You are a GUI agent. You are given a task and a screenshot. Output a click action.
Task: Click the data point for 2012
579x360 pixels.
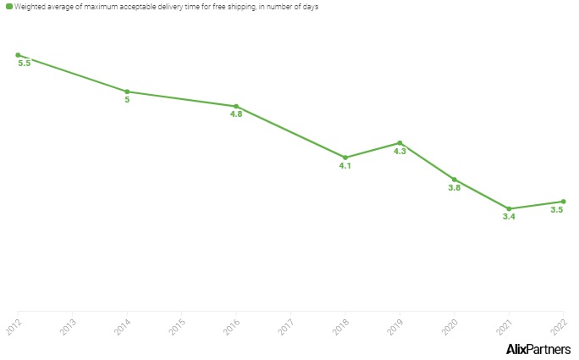pos(18,55)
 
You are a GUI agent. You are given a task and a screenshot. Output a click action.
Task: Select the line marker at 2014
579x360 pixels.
pos(127,91)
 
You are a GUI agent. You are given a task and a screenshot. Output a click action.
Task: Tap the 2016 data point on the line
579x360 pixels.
pos(236,107)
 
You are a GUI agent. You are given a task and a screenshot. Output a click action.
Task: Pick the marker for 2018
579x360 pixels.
pos(345,158)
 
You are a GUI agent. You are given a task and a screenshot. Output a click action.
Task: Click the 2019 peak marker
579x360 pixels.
pos(400,143)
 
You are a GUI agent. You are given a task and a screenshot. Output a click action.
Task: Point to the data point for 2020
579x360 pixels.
pos(455,180)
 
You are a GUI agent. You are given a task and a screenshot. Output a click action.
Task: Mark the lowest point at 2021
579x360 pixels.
pos(509,208)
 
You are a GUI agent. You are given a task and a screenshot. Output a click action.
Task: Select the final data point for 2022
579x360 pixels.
pos(564,202)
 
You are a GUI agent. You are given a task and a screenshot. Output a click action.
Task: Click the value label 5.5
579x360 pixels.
pos(24,64)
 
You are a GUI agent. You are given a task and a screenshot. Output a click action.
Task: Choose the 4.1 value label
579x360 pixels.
pos(345,166)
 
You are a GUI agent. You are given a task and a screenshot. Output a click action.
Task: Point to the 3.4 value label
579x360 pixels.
pos(509,217)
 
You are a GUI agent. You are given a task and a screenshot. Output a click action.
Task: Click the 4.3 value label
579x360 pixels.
pos(400,151)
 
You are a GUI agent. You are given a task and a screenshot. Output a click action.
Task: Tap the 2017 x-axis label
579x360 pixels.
pos(286,327)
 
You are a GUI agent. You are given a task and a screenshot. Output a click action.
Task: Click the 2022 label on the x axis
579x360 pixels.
pos(560,327)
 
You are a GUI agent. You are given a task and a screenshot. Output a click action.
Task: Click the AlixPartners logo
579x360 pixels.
pos(538,349)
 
